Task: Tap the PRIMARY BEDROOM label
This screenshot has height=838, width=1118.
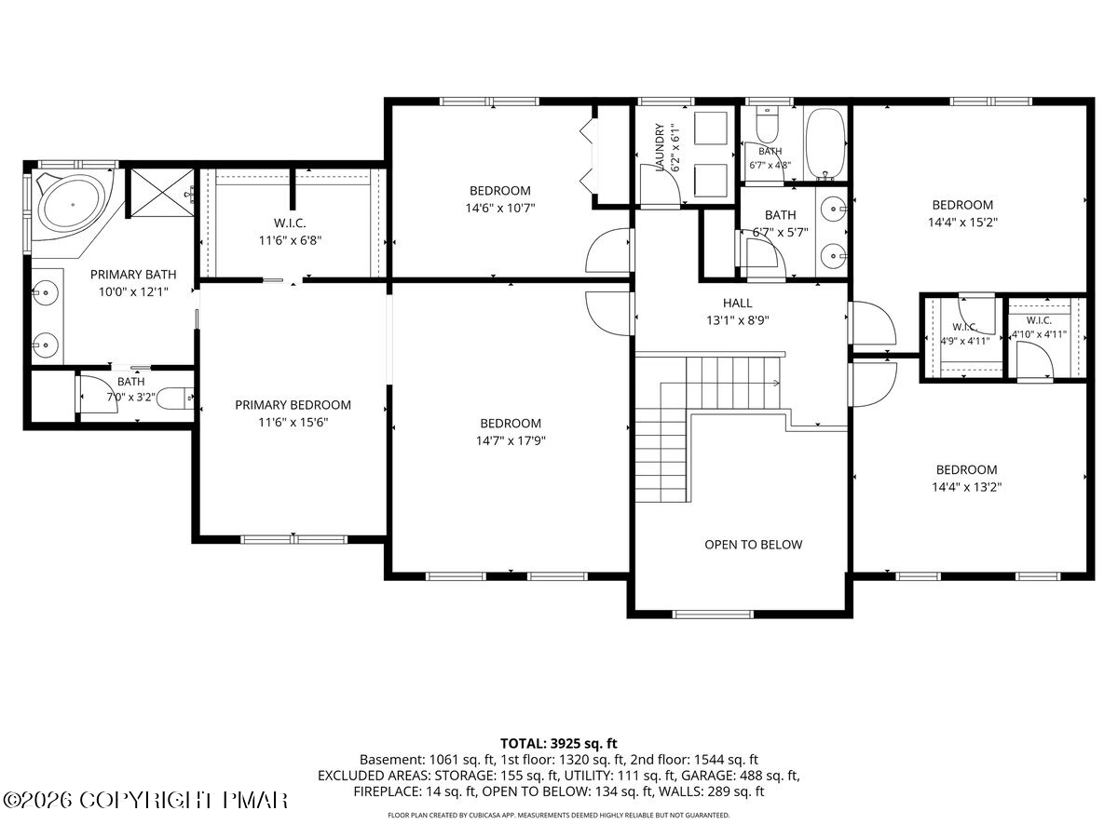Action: (x=293, y=405)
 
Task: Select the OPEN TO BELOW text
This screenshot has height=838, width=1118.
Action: (x=754, y=545)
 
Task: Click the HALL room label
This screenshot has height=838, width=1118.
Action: (x=738, y=304)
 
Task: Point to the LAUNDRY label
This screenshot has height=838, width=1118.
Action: (x=660, y=147)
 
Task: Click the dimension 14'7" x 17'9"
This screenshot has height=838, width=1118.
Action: (x=511, y=440)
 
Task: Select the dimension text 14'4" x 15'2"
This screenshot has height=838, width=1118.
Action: (x=962, y=223)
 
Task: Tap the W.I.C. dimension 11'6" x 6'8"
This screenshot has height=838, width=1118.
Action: (x=291, y=240)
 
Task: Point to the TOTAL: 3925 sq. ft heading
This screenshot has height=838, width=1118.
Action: (x=559, y=744)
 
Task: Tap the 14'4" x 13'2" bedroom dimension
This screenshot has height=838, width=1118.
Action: (x=967, y=487)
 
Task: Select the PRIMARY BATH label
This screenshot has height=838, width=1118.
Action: (x=133, y=275)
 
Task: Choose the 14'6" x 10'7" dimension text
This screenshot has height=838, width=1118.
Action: (x=500, y=208)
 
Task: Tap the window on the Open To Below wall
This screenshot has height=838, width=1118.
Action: (x=713, y=615)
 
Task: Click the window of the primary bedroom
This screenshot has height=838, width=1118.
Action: (x=293, y=539)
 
